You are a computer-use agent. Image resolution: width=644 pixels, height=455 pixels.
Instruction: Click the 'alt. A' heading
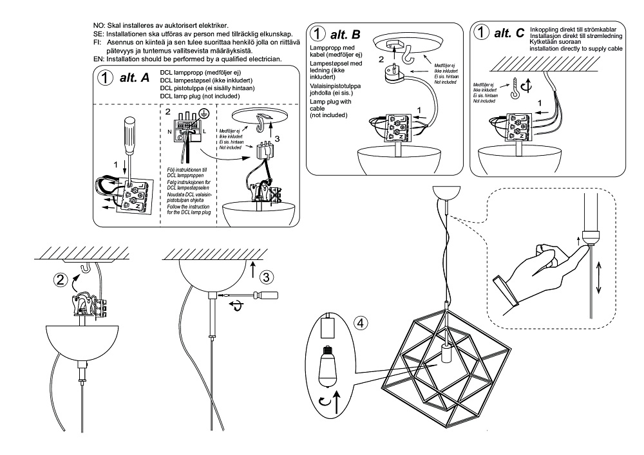pos(135,78)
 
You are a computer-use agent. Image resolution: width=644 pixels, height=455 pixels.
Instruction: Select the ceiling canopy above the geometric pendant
pos(444,192)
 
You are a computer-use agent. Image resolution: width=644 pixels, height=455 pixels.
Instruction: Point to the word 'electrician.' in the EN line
pos(263,59)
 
